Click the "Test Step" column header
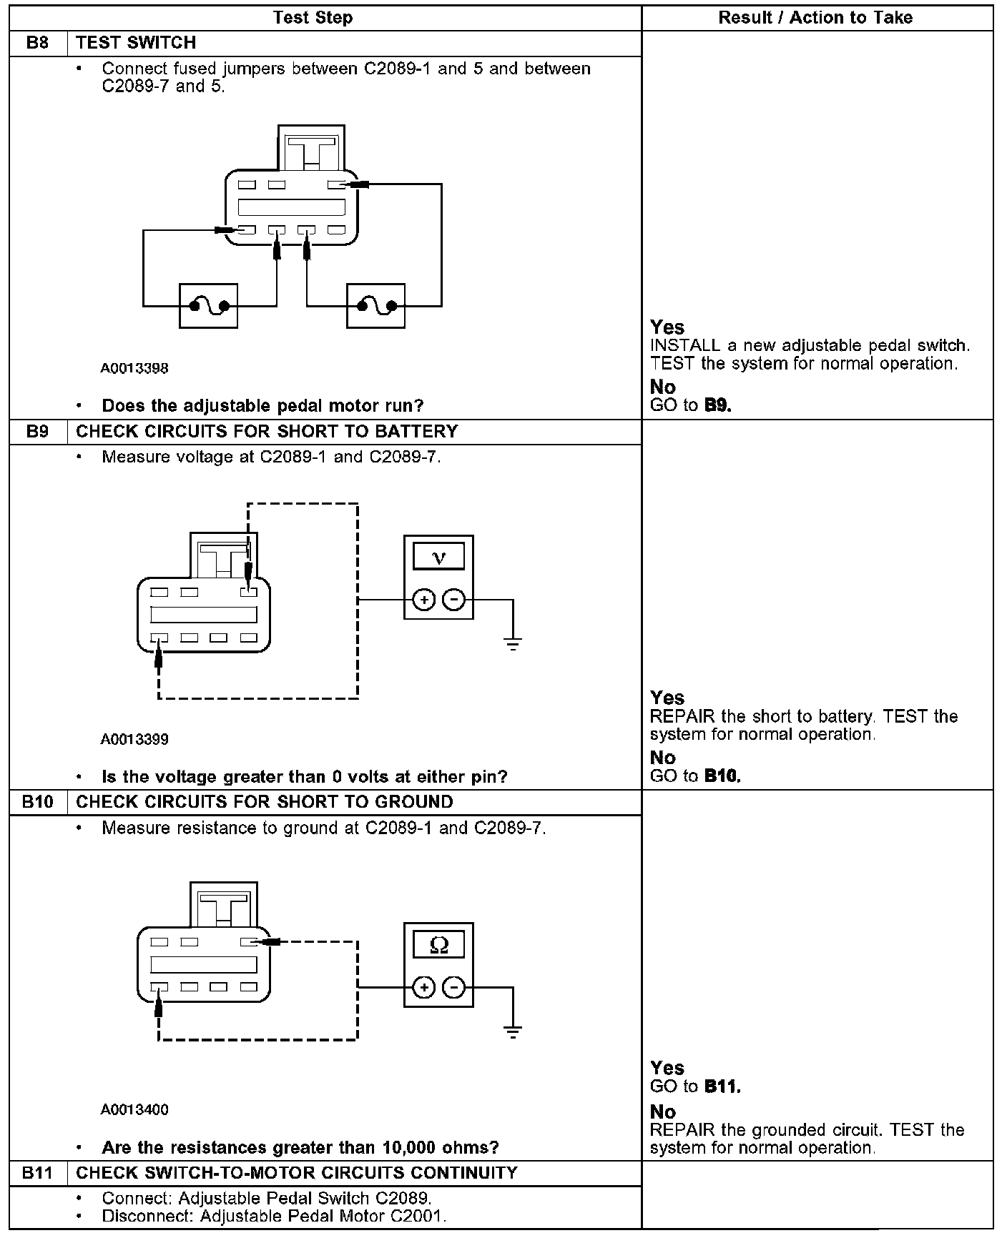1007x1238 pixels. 313,18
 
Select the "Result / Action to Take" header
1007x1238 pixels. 815,18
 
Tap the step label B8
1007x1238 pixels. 37,43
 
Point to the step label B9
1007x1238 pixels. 37,432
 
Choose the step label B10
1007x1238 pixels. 37,802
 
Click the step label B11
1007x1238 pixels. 37,1173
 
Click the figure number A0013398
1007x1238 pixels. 134,369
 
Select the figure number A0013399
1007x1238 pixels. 134,739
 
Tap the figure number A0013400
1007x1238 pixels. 134,1110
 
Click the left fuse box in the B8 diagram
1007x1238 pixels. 208,306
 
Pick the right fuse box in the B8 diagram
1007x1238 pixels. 375,306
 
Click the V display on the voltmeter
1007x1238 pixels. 439,557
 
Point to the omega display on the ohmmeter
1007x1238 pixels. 439,945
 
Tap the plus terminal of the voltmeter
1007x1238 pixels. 424,600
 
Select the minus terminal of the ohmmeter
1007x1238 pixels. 454,988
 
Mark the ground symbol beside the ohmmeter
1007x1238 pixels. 513,1031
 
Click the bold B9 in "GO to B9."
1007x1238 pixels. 717,405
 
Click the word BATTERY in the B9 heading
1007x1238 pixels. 416,432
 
